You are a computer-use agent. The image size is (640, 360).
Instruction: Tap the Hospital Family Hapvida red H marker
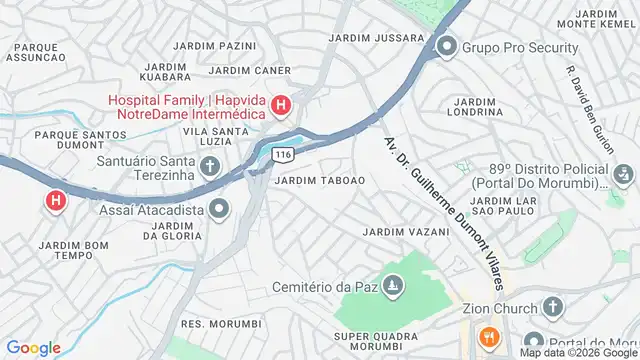282,105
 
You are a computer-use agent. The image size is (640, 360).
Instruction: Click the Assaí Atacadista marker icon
219,209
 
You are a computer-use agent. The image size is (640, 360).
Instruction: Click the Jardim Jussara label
363,38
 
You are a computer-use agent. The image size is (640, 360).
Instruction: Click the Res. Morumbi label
221,324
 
